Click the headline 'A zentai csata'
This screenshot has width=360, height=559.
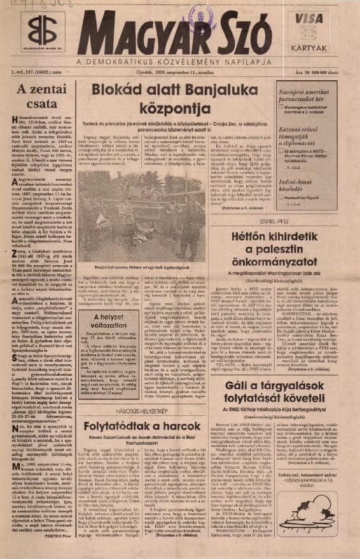(x=39, y=99)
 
